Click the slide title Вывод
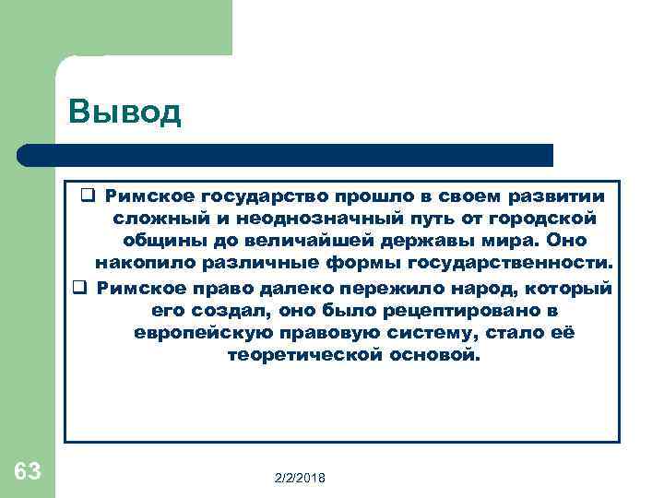point(125,112)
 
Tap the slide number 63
point(28,472)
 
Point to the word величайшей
point(298,241)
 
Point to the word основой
point(433,355)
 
